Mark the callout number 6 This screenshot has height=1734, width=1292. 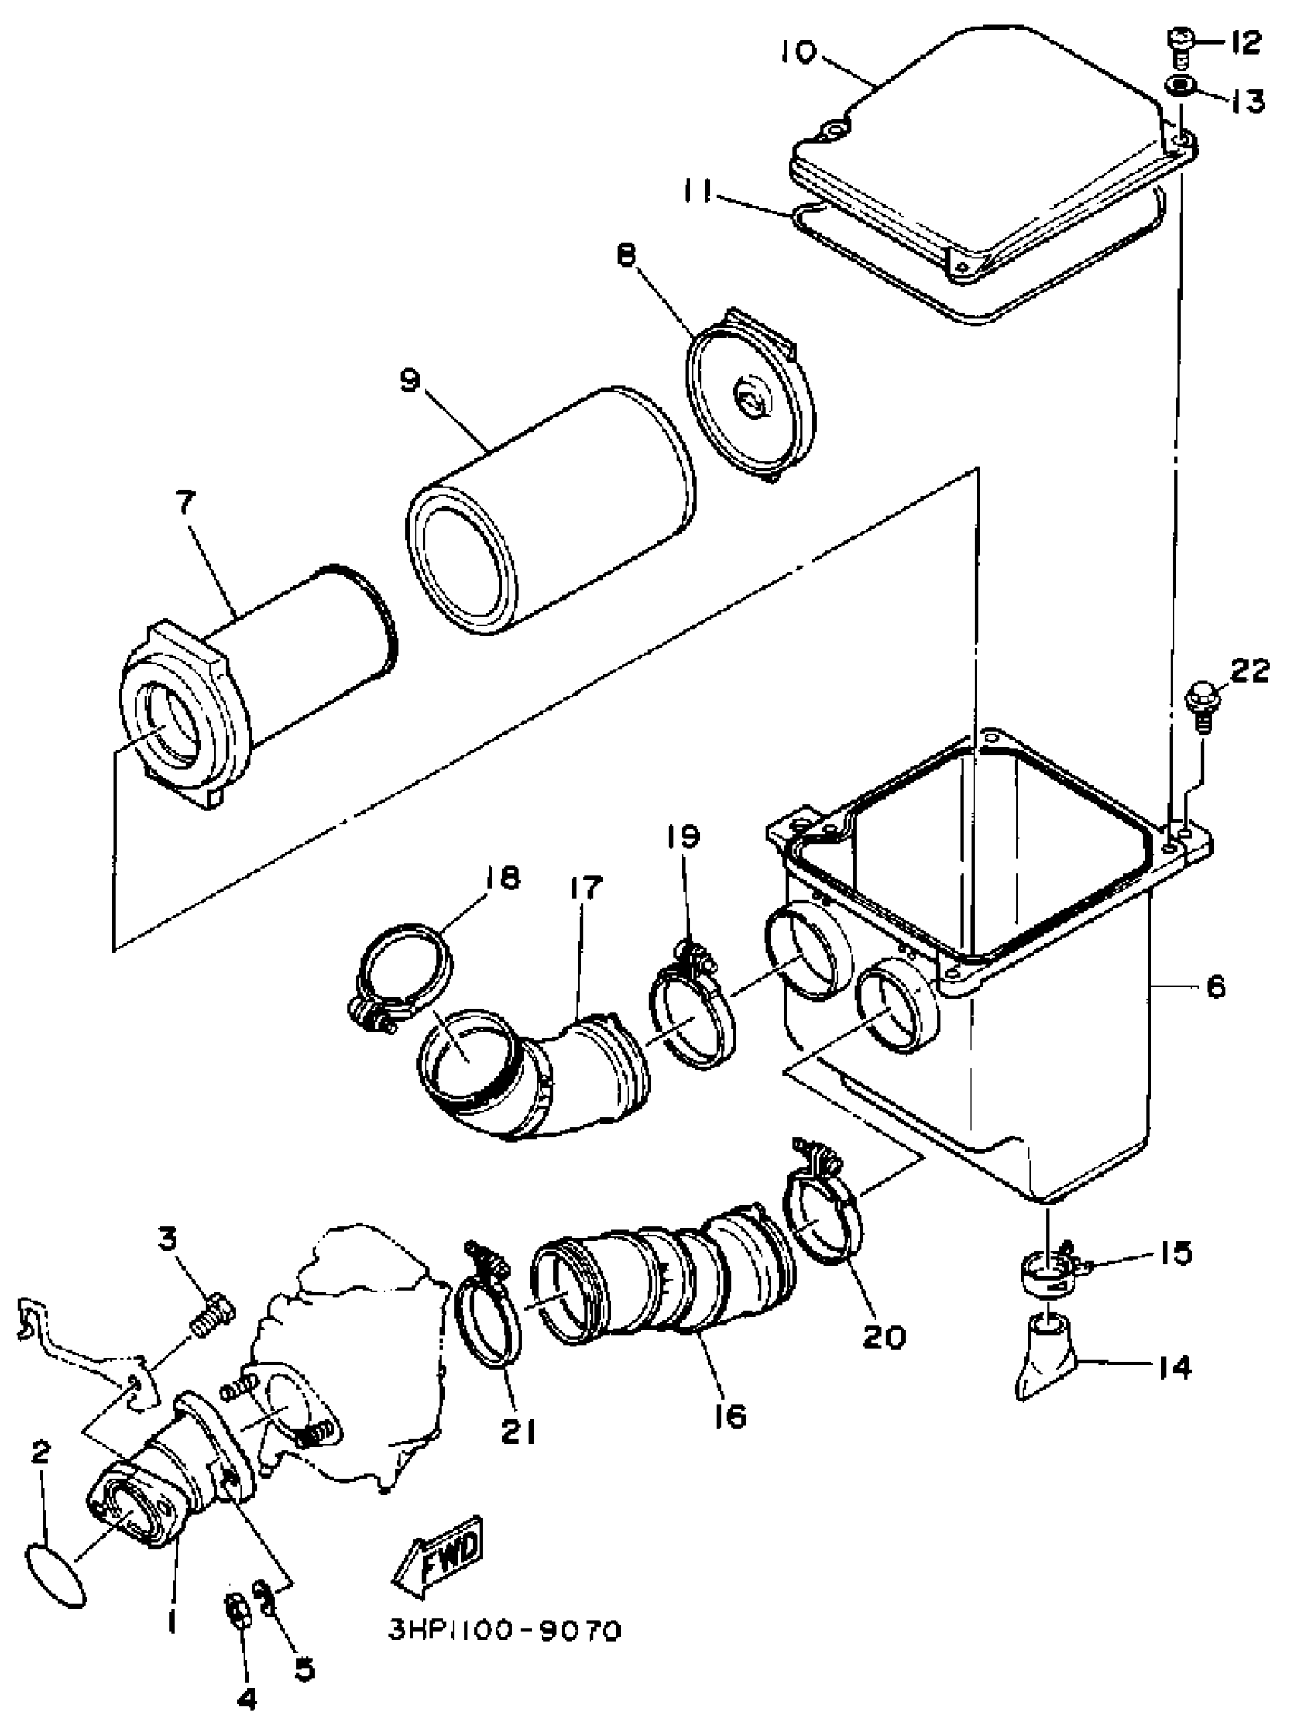(x=1215, y=987)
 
